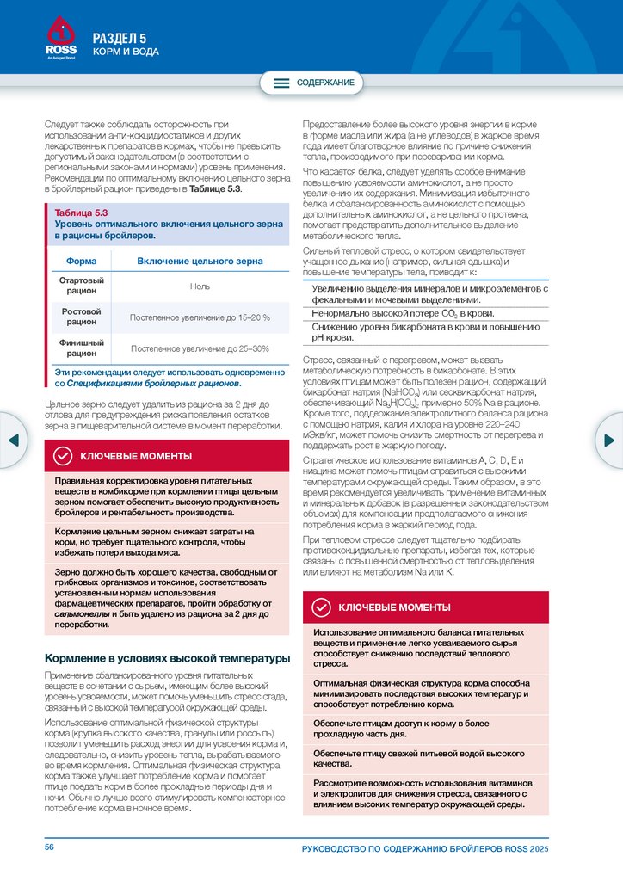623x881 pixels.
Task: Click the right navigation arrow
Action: tap(610, 440)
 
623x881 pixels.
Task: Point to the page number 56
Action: tap(50, 847)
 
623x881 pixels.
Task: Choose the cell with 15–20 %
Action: tap(200, 317)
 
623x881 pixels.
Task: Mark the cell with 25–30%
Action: tap(200, 348)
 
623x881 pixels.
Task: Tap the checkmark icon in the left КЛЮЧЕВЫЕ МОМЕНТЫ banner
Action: tap(63, 456)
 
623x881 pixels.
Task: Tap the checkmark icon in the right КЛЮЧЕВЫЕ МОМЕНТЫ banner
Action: tap(321, 607)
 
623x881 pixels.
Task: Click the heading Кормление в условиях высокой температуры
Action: tap(166, 659)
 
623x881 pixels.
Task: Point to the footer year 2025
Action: tap(540, 849)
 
